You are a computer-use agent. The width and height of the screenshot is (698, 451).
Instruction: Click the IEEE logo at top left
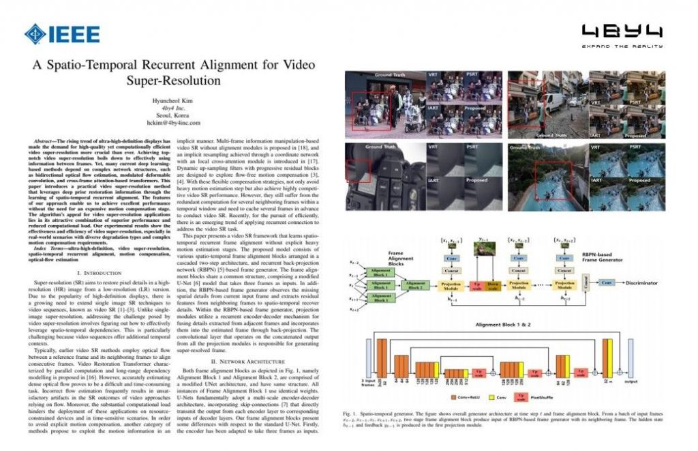(x=62, y=33)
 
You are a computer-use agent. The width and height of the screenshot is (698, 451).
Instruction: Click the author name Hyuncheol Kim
(x=175, y=100)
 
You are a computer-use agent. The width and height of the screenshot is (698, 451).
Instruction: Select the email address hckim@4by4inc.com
(x=175, y=123)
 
